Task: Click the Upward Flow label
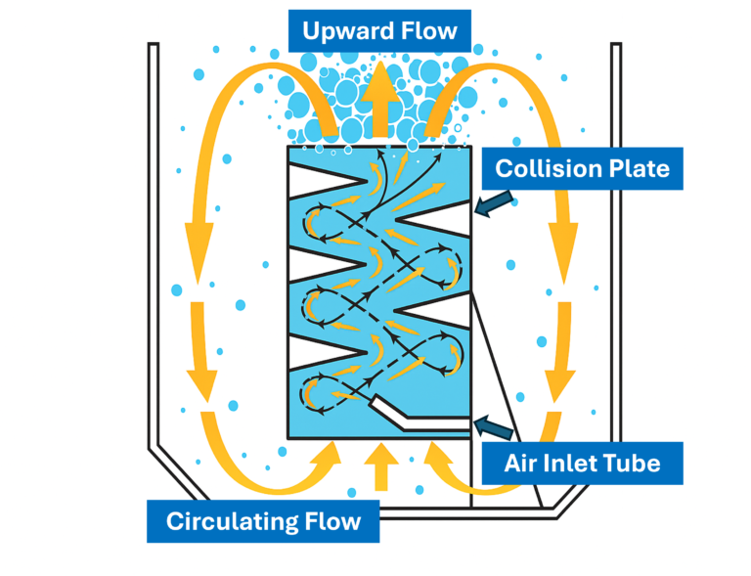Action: tap(379, 30)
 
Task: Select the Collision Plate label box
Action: tap(582, 168)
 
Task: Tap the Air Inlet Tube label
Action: tap(582, 463)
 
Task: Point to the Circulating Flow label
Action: tap(263, 520)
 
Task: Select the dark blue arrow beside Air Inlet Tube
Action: tap(495, 424)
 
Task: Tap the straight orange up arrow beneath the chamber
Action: tap(380, 467)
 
